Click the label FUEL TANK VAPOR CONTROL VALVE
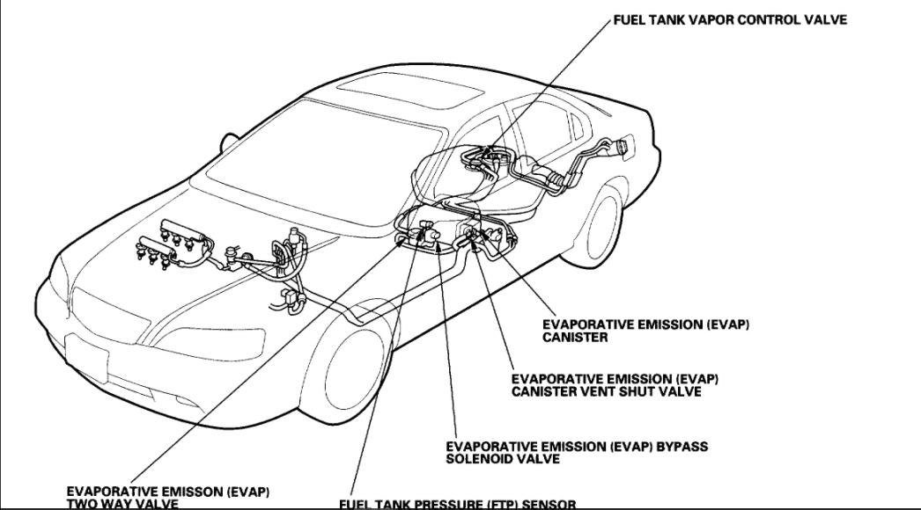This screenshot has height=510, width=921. [x=730, y=20]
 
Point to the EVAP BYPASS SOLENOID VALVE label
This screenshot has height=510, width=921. [x=577, y=453]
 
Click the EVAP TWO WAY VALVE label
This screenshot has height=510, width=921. [x=168, y=497]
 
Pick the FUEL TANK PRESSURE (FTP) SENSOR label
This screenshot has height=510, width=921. [x=457, y=504]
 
